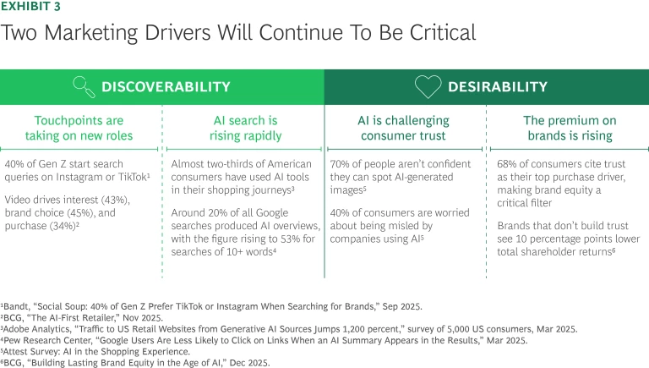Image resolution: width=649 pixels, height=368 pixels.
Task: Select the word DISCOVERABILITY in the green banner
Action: coord(166,87)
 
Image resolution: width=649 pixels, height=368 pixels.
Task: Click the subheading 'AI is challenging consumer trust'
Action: coord(405,128)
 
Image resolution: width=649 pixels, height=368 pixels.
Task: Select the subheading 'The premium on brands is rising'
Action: coord(567,128)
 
